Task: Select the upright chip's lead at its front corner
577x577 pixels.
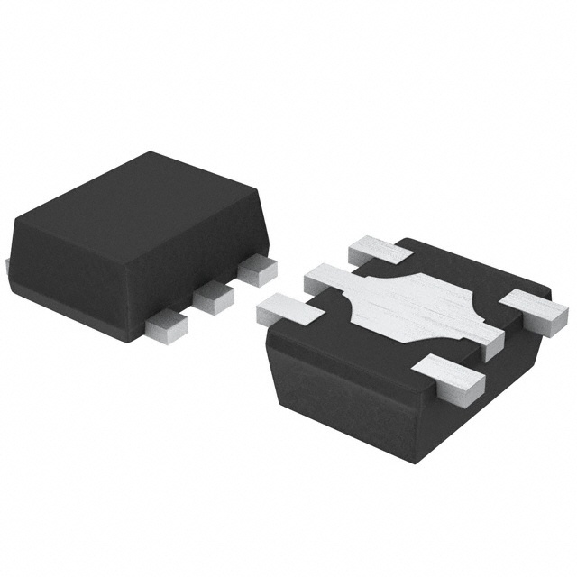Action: click(x=166, y=325)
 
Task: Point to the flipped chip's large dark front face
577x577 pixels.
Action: click(x=352, y=388)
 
